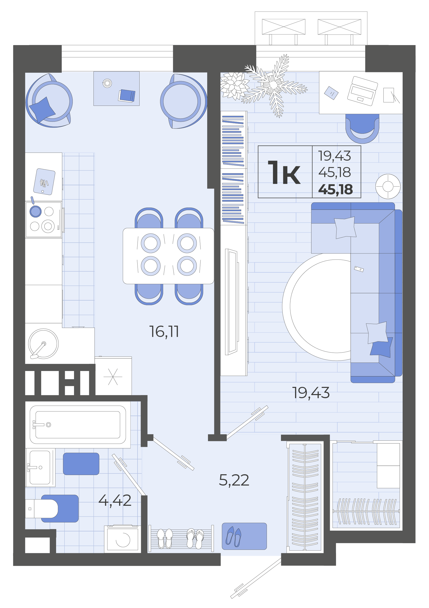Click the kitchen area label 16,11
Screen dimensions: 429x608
click(164, 332)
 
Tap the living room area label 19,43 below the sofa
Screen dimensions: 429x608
click(311, 393)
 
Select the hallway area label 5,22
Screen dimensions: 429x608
click(234, 480)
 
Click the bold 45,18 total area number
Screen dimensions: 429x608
click(336, 190)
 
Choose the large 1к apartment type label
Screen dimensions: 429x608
click(284, 173)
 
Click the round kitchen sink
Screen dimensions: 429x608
click(43, 344)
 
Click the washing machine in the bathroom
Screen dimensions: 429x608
click(122, 539)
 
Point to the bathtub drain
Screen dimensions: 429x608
click(48, 425)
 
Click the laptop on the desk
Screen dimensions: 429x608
click(362, 91)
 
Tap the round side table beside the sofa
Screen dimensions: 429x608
click(388, 187)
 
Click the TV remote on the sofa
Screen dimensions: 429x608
click(359, 269)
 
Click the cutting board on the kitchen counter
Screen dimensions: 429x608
click(44, 182)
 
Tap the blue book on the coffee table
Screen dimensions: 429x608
click(127, 96)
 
